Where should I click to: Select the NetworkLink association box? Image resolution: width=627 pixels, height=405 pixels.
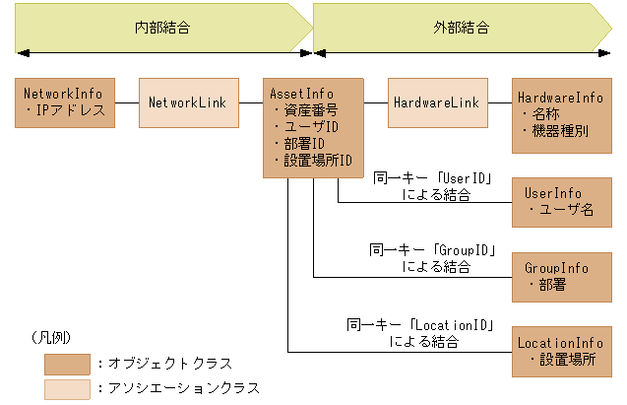188,102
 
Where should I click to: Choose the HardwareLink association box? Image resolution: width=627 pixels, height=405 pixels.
437,102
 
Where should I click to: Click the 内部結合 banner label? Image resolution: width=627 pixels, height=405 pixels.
162,28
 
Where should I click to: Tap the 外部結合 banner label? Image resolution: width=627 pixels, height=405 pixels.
461,28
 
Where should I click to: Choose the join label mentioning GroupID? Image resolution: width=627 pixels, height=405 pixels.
432,258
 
